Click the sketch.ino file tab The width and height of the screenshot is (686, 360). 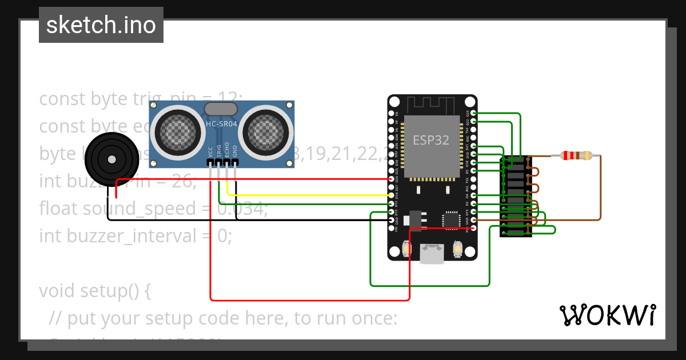click(101, 25)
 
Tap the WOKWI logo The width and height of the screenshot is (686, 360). click(607, 315)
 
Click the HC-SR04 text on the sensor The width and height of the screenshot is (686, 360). click(221, 124)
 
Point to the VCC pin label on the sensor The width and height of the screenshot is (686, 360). click(211, 151)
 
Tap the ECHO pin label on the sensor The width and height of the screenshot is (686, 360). click(227, 150)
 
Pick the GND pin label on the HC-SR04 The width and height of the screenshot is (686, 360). click(235, 151)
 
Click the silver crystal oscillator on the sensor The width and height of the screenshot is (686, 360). click(221, 109)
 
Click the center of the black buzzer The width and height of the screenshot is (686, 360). click(112, 159)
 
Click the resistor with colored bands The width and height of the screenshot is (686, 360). click(576, 155)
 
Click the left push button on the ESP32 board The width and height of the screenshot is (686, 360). click(406, 249)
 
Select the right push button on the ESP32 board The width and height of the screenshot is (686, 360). click(457, 249)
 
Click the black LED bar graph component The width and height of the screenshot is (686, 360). click(516, 196)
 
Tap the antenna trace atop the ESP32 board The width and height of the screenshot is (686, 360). click(432, 105)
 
